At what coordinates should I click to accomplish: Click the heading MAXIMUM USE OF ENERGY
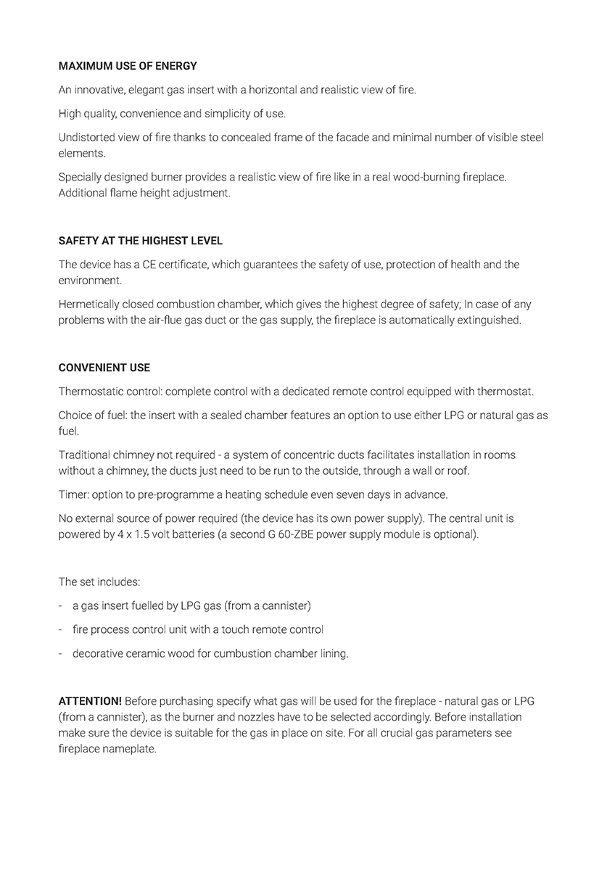pos(128,66)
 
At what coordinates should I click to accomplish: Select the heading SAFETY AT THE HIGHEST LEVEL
pos(141,241)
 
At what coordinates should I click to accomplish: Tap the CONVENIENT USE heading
pos(104,368)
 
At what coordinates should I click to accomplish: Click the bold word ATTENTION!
pos(90,701)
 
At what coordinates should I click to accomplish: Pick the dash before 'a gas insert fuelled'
pos(61,605)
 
